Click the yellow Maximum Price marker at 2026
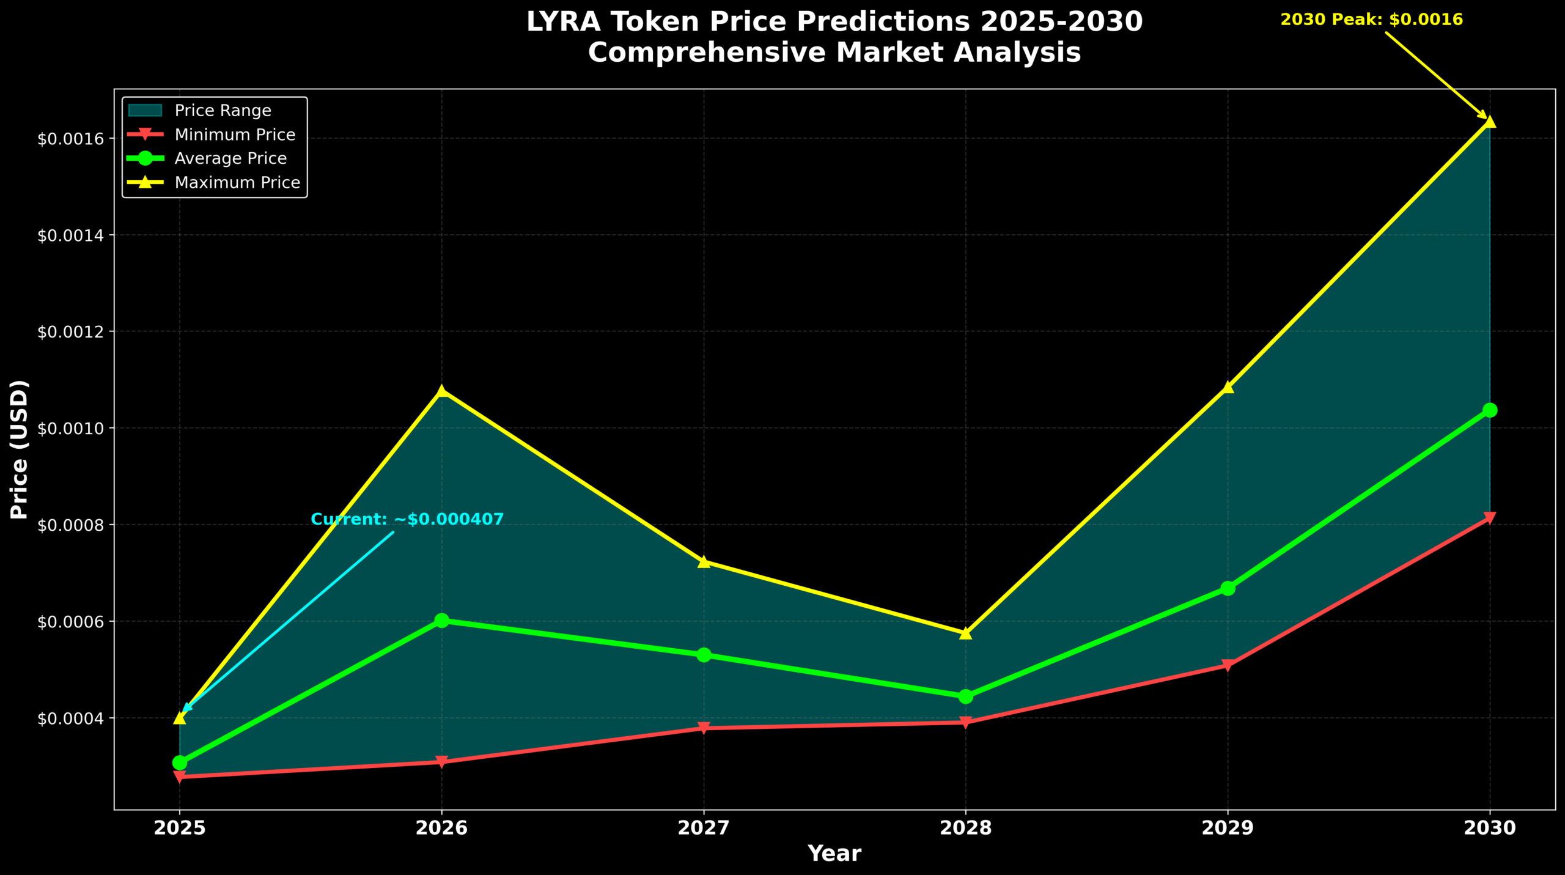click(x=441, y=390)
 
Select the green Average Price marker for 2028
click(x=966, y=696)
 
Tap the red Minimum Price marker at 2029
click(x=1228, y=665)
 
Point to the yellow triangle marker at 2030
click(x=1490, y=121)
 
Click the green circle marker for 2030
click(x=1490, y=410)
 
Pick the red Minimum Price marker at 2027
click(x=704, y=728)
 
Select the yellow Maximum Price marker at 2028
click(x=966, y=633)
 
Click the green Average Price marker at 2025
click(x=180, y=762)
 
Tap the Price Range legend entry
click(x=223, y=111)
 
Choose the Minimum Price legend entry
click(x=235, y=135)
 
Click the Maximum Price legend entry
click(x=237, y=183)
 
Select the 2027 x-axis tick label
click(x=704, y=829)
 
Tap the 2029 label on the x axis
click(x=1228, y=829)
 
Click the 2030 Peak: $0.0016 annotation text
click(x=1371, y=20)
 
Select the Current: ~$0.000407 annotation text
click(x=407, y=520)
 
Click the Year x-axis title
click(x=834, y=854)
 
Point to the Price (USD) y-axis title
click(x=20, y=449)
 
